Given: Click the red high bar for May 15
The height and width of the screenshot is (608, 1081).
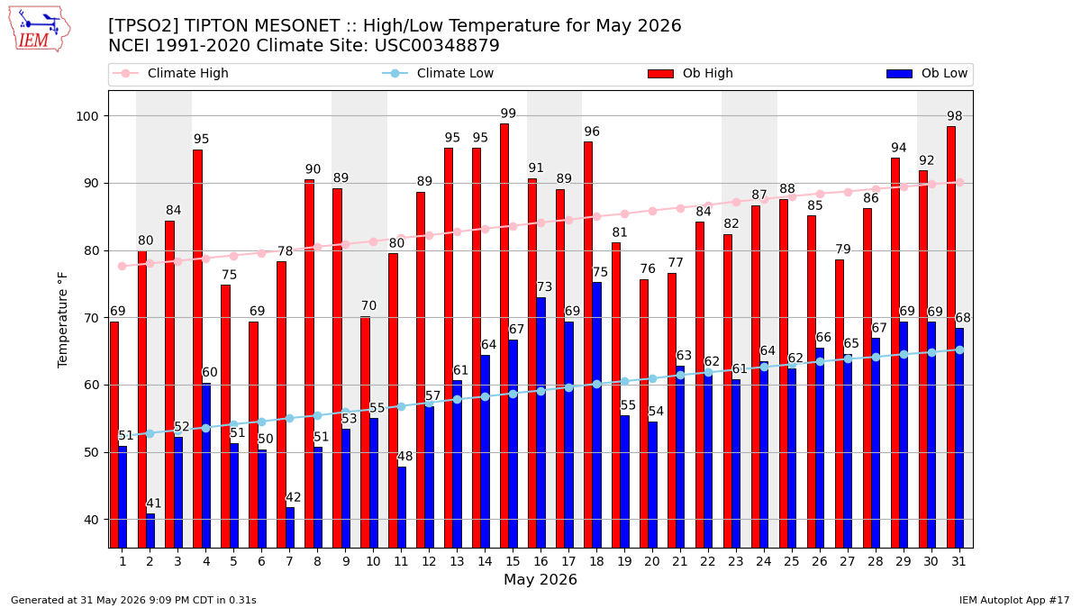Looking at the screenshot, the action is point(504,336).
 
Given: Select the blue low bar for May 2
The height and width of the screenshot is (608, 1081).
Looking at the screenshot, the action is point(150,531).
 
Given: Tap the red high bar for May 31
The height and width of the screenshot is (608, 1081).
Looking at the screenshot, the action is point(951,337).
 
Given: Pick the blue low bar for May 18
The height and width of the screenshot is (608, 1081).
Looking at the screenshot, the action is point(597,415).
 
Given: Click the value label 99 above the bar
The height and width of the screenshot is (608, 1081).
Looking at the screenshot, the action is point(508,113).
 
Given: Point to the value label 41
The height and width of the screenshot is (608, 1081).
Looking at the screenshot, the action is point(153,504).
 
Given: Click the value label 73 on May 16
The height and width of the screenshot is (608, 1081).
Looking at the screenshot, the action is point(544,287).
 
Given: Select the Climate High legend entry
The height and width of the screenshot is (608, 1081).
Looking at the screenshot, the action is point(170,73).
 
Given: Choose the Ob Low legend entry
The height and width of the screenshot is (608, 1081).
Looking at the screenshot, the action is point(927,73).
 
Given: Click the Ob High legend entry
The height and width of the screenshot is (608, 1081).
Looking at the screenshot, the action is point(691,73).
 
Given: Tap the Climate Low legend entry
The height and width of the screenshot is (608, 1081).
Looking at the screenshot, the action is point(438,73).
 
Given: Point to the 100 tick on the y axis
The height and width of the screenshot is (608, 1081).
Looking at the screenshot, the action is point(86,116).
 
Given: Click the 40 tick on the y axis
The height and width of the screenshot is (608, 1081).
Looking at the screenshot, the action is point(91,520).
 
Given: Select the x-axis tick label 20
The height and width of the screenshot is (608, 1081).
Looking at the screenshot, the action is point(652,562).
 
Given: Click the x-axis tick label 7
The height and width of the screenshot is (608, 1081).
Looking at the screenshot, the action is point(289,562).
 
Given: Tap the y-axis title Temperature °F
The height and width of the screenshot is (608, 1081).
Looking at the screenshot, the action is point(62,320).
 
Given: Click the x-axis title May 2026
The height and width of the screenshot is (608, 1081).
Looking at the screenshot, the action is point(540,579).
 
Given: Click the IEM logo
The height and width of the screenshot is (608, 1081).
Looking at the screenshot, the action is point(40,30).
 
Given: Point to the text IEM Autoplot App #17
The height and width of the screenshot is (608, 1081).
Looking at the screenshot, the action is point(1014,600).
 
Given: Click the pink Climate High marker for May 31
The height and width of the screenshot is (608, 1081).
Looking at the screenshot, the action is point(960,182).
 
